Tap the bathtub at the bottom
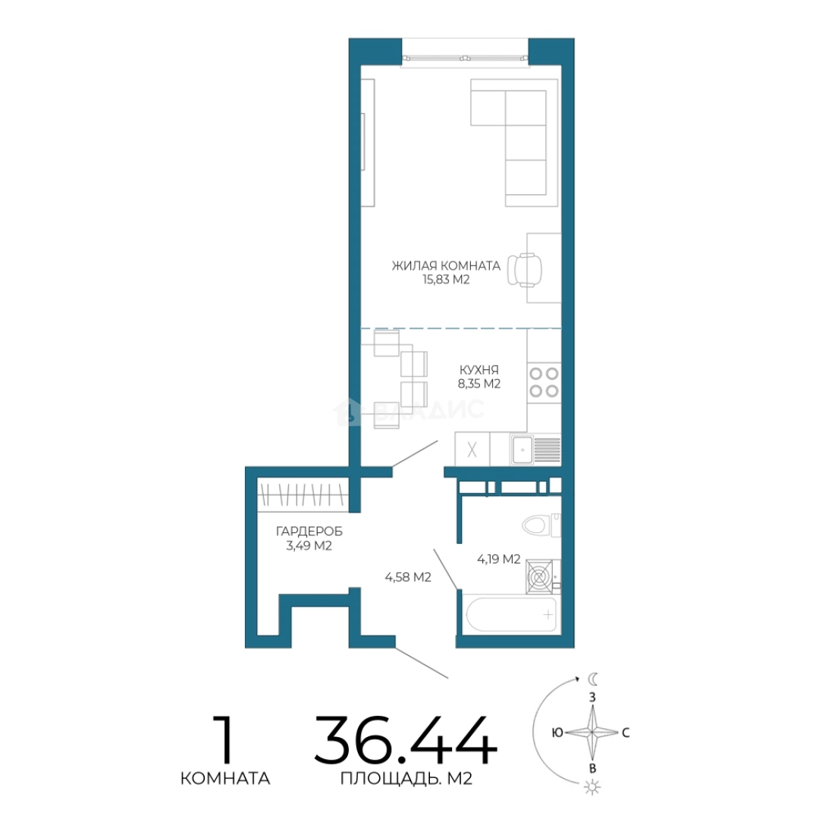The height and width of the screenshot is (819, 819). (x=511, y=615)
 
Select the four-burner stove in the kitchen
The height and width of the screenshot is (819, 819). (x=544, y=381)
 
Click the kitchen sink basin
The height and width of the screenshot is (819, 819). (x=522, y=450)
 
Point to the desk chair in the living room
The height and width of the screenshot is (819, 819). (x=525, y=270)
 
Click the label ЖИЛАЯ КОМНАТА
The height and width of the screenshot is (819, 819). (x=446, y=265)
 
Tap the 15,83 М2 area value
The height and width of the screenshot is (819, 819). (x=446, y=280)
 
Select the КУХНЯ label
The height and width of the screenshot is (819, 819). (x=479, y=370)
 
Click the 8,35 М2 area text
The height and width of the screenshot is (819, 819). (x=479, y=384)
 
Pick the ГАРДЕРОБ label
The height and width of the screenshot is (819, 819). (x=309, y=532)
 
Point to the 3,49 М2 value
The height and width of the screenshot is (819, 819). (x=309, y=546)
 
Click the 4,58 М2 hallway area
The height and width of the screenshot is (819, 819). (x=408, y=577)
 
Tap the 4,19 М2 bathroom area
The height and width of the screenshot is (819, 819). (x=499, y=560)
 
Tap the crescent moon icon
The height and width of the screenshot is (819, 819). (x=593, y=679)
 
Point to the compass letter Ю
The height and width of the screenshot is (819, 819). (x=557, y=733)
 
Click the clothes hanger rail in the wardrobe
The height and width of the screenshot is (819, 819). (x=303, y=494)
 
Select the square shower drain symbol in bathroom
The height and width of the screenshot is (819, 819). (x=540, y=576)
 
